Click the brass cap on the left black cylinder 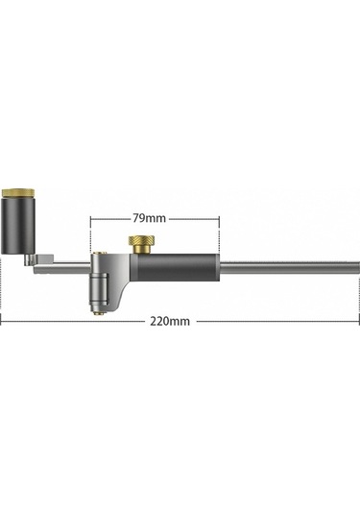tap(20, 193)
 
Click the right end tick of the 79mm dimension tap(220, 219)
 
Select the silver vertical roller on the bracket tap(95, 284)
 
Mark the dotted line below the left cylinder tap(3, 288)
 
